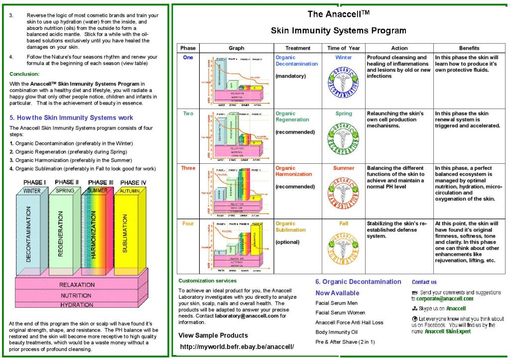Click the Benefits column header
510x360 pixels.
click(469, 48)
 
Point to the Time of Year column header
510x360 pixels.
click(344, 48)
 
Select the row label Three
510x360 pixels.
click(188, 168)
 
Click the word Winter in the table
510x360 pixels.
click(344, 58)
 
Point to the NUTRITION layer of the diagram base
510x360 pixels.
click(77, 295)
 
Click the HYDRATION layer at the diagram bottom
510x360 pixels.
click(77, 305)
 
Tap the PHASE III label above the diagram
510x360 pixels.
click(100, 182)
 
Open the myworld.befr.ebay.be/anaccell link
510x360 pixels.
click(237, 346)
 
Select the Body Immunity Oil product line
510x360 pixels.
click(336, 332)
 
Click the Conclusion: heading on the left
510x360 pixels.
click(24, 74)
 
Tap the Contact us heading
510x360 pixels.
click(424, 282)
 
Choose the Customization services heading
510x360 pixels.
click(207, 281)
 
